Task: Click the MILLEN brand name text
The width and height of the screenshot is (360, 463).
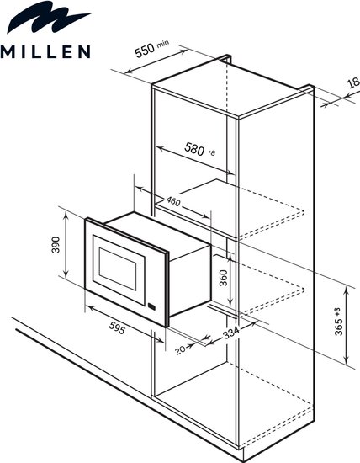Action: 45,51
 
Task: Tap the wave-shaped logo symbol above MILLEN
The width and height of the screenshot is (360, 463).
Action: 47,17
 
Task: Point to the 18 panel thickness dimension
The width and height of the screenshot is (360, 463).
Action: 354,82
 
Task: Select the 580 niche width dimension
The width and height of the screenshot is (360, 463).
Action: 194,149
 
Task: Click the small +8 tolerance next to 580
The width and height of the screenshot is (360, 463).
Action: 212,152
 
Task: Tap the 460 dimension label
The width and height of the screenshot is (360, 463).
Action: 173,201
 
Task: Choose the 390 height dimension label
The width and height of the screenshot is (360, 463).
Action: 56,244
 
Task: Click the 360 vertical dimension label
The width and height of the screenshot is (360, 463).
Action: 224,278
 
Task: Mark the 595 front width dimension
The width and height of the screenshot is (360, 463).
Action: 117,327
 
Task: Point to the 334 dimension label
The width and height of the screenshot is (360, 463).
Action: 230,333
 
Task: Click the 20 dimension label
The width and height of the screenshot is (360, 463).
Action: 180,350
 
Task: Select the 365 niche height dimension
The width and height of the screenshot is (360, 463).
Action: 338,327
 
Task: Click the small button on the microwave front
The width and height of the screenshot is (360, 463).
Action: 151,306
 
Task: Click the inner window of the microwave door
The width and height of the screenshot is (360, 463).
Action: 118,269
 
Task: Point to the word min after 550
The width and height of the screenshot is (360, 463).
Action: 163,44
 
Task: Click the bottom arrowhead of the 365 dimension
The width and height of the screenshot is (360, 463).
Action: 347,360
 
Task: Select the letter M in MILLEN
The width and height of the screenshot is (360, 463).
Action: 7,51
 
